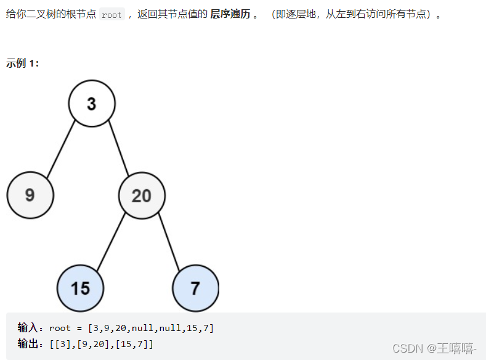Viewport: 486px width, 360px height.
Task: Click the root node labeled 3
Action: click(92, 104)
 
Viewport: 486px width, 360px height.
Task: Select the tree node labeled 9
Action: click(30, 195)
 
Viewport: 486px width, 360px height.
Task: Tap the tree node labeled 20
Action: click(142, 195)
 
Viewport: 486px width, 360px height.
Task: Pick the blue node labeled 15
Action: click(80, 288)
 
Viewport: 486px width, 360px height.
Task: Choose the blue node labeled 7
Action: click(195, 288)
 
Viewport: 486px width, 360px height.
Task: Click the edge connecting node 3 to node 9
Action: click(60, 150)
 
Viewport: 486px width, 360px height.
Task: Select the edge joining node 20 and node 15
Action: click(111, 242)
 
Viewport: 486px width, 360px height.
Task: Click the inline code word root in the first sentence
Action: click(111, 15)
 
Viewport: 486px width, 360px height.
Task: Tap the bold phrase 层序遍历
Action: click(230, 14)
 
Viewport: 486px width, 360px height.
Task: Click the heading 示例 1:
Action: click(23, 63)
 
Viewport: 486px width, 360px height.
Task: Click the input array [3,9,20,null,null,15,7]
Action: click(151, 328)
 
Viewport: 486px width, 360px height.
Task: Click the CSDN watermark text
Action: click(407, 348)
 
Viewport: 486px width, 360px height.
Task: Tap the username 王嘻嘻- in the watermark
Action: click(456, 348)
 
